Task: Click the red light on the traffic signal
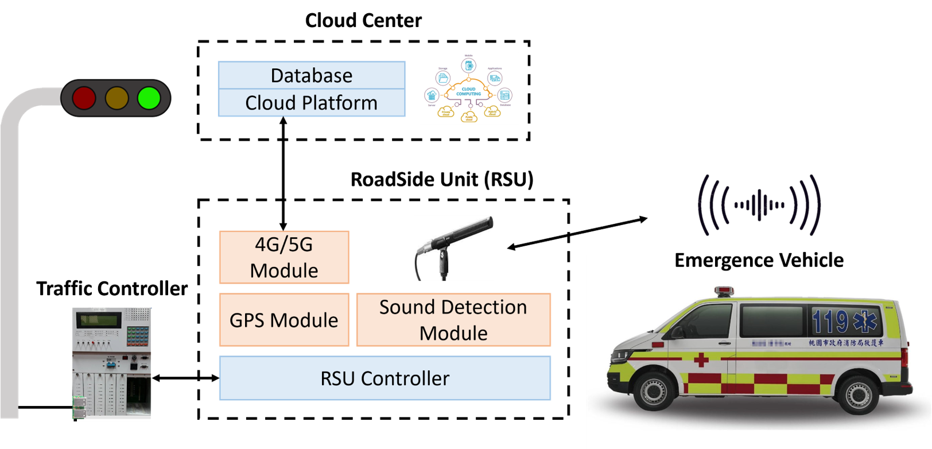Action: (x=84, y=98)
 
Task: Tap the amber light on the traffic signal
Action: (x=116, y=98)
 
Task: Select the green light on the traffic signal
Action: (x=149, y=98)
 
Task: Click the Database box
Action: (x=312, y=75)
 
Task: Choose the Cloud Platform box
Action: (x=312, y=103)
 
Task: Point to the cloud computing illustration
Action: (x=469, y=88)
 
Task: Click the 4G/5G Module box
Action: (x=284, y=257)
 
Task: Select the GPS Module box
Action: (x=284, y=320)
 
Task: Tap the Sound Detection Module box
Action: (x=453, y=320)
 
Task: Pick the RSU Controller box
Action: (x=385, y=378)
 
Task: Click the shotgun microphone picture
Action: (x=453, y=248)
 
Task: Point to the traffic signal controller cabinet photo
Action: (x=112, y=363)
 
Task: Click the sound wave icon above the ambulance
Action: (x=759, y=204)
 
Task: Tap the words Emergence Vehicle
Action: (x=759, y=261)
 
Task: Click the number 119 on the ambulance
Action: (x=830, y=322)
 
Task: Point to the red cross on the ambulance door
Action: (x=701, y=360)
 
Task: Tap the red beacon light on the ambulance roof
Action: (x=724, y=291)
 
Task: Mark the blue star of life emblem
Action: (x=865, y=321)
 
